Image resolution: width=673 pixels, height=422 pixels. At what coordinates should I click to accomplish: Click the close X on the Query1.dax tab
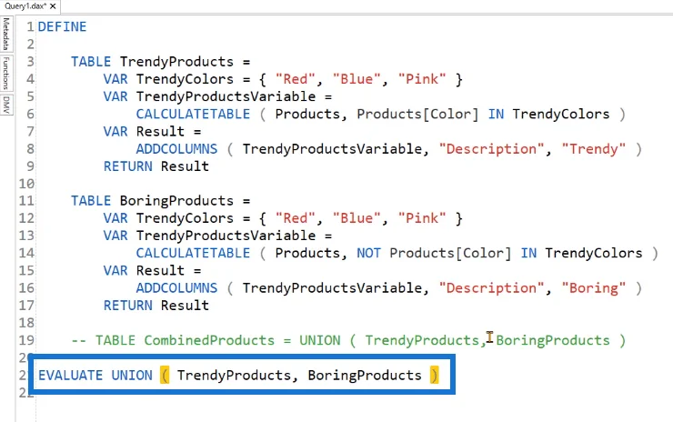tap(53, 6)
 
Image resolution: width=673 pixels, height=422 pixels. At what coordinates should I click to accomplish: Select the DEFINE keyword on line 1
tap(62, 26)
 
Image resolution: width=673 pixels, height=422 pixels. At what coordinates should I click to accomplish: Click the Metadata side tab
tap(6, 34)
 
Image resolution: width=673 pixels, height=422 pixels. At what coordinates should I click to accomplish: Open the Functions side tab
tap(6, 74)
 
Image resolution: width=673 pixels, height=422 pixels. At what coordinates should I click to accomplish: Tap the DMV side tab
tap(6, 105)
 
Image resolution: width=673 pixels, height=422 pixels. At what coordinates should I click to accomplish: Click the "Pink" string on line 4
tap(422, 79)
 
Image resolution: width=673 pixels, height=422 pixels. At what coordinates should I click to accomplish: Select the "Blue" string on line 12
tap(357, 218)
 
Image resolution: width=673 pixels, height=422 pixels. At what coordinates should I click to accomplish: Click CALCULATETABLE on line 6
tap(193, 114)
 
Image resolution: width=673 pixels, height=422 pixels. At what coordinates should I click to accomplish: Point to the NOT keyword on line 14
tap(368, 253)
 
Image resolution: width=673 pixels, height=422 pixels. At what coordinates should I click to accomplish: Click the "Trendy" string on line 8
tap(594, 149)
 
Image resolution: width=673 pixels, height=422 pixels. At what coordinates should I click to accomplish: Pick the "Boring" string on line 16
tap(594, 288)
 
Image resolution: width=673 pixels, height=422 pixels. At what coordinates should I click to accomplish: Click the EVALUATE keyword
tap(70, 376)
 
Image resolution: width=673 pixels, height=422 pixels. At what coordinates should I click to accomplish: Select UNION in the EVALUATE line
tap(132, 376)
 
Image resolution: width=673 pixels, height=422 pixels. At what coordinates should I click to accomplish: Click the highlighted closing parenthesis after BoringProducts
tap(434, 376)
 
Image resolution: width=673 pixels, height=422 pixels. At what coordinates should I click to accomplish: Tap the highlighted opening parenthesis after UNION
tap(165, 376)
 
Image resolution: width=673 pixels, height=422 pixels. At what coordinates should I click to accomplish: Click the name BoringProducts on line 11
tap(176, 201)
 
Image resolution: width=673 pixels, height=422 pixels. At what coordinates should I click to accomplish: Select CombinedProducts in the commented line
tap(209, 340)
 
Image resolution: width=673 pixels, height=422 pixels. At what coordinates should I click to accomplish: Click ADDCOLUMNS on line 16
tap(176, 288)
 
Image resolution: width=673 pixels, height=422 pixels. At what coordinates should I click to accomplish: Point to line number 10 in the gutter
tap(26, 184)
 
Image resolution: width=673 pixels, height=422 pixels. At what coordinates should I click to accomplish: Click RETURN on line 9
tap(128, 166)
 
